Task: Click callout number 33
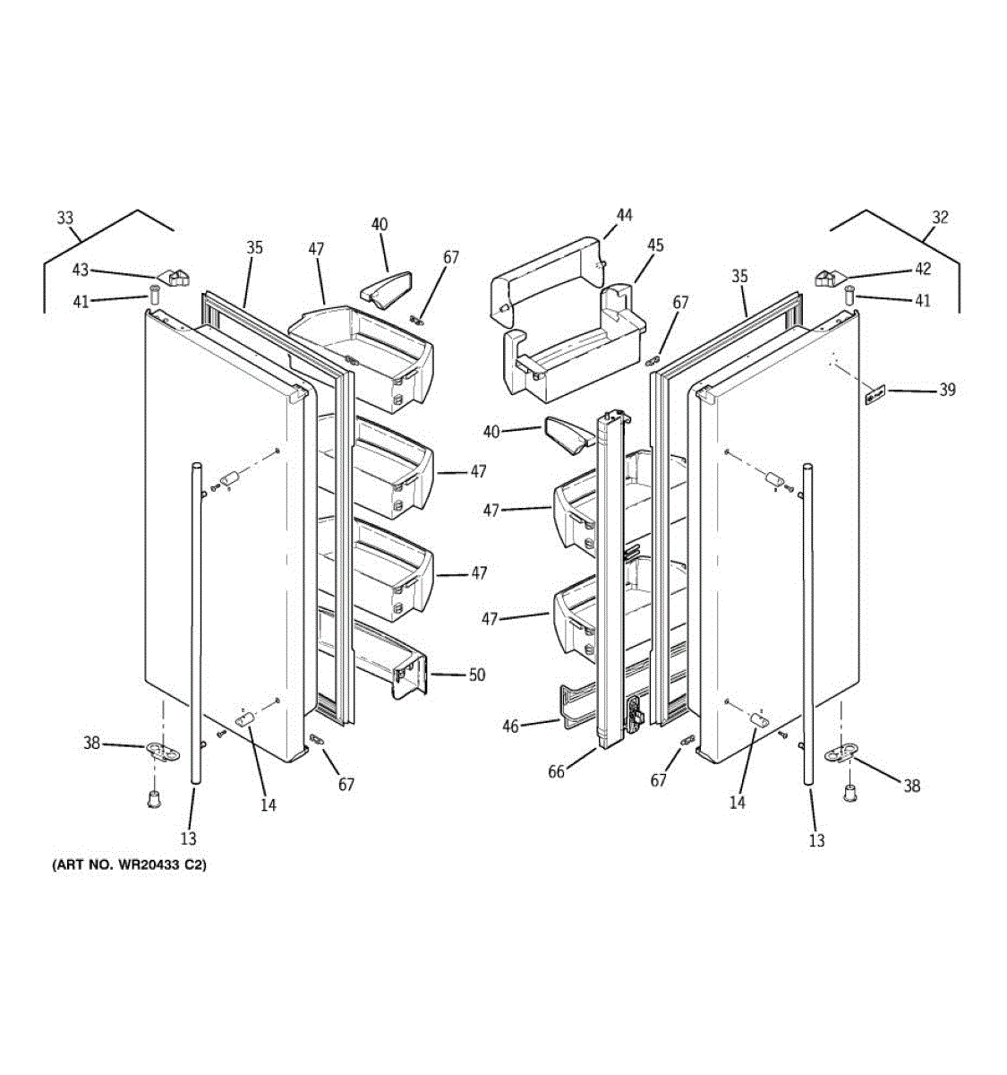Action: pos(65,218)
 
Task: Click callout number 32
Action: pos(939,217)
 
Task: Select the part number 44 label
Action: pos(624,215)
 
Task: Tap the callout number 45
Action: pos(655,245)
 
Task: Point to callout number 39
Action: pos(947,390)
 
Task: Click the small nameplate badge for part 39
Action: pos(874,394)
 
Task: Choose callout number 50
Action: pos(477,675)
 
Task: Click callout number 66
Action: pos(556,771)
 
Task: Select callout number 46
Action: pos(510,727)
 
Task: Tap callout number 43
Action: pos(81,270)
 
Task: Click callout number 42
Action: pos(922,269)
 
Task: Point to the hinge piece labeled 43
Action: pos(173,277)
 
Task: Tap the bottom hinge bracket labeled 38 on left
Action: pos(159,751)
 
